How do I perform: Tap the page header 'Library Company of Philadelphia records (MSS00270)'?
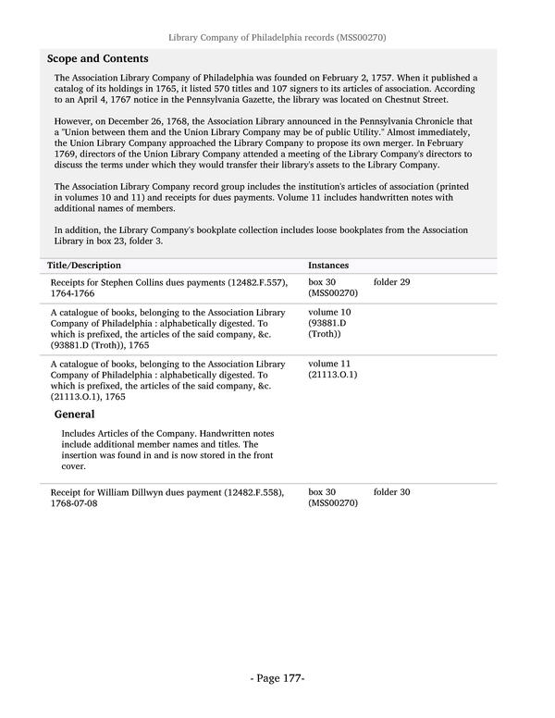point(277,38)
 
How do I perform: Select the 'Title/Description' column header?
point(84,265)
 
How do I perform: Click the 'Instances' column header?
point(328,265)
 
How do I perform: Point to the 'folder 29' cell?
point(391,281)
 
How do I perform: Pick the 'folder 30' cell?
point(391,492)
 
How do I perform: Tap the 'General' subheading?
point(75,414)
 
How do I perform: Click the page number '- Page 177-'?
point(277,679)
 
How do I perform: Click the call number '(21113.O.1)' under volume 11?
point(333,375)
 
